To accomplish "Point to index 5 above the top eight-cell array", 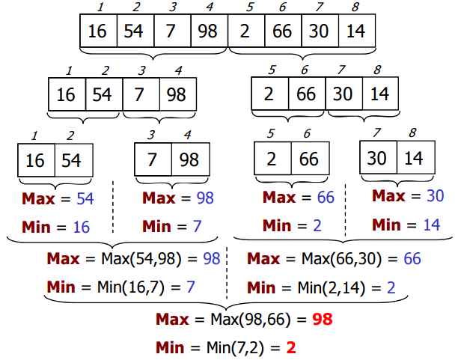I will tap(246, 8).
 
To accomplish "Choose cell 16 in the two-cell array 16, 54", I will tap(36, 161).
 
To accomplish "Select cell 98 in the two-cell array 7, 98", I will tap(189, 160).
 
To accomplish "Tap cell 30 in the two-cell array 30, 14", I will tap(377, 159).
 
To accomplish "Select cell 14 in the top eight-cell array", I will tap(356, 31).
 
